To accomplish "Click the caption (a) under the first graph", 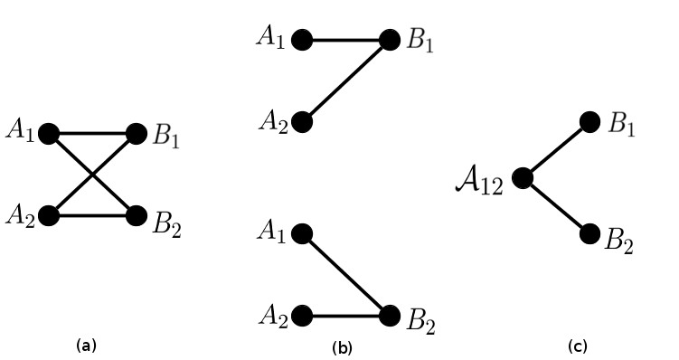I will [86, 345].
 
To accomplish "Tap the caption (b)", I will [342, 346].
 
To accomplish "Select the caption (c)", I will [577, 346].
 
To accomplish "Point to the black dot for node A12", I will [522, 178].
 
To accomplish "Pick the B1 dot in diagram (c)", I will [589, 122].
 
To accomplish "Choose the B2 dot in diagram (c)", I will [589, 234].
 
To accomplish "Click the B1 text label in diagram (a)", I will [166, 137].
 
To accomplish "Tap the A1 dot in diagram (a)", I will [49, 134].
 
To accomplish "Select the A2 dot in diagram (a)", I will [49, 215].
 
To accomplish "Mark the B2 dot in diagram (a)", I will [137, 215].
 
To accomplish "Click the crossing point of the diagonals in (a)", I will [92, 175].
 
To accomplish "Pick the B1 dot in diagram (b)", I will [389, 40].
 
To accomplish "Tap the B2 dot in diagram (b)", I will [389, 316].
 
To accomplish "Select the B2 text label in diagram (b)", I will [420, 321].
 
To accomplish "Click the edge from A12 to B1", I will [555, 150].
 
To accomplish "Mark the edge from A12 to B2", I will [555, 206].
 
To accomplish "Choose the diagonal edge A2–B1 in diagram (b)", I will [345, 81].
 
